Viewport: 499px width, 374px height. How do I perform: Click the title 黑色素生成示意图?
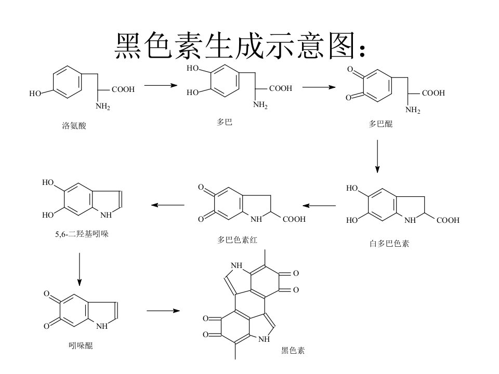click(235, 46)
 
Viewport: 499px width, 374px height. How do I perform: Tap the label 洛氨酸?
click(74, 126)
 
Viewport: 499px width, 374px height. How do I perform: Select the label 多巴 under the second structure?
click(225, 122)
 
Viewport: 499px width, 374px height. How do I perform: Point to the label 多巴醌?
click(380, 124)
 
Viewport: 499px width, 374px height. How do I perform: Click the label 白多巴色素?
click(389, 244)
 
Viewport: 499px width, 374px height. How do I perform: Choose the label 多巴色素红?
click(237, 240)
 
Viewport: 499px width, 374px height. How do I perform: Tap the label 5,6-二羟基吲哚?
click(82, 234)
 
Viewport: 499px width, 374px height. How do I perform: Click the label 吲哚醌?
click(81, 345)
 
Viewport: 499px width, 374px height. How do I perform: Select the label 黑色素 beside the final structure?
click(293, 351)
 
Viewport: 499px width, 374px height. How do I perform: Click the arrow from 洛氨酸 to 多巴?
click(161, 85)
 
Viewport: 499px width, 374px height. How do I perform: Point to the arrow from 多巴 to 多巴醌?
click(319, 87)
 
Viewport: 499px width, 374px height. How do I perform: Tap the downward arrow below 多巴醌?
click(377, 156)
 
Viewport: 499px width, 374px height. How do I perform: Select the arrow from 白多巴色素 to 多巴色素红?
click(319, 206)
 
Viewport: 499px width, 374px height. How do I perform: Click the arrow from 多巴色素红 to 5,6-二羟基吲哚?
click(168, 205)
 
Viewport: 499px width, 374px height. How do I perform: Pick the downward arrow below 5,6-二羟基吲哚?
click(80, 270)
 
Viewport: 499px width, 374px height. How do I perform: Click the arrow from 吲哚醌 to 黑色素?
click(163, 311)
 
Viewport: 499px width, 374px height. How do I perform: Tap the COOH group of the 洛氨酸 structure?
click(123, 89)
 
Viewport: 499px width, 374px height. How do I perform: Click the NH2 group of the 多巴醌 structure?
click(413, 110)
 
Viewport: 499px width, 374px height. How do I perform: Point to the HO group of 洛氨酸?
click(35, 94)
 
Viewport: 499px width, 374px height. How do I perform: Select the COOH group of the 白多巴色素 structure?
click(448, 220)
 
